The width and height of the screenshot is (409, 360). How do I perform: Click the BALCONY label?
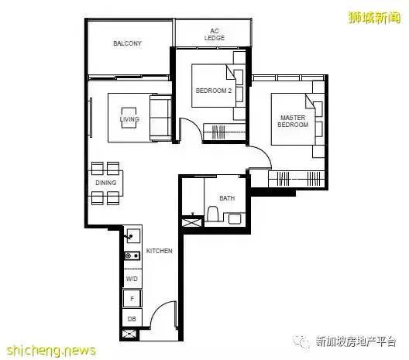coord(127,43)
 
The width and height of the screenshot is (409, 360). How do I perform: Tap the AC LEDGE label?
coord(215,35)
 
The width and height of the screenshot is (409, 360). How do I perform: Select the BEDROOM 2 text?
coord(214,91)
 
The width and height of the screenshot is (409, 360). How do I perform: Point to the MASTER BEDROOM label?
coord(293,122)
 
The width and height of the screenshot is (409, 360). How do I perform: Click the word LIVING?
coord(129,119)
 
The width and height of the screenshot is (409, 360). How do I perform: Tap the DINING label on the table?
coord(106,183)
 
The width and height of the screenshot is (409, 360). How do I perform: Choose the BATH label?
coord(227,198)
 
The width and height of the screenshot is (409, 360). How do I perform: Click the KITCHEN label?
coord(159,251)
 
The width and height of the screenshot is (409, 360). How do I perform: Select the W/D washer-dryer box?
coord(132,279)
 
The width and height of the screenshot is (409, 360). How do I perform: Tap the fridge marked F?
coord(132,299)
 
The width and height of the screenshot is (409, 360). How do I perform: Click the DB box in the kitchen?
coord(132,318)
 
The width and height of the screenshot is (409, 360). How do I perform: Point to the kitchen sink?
coord(133,235)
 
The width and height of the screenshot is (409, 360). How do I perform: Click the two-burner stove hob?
coord(132,256)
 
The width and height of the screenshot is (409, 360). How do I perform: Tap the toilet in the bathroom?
coord(212,214)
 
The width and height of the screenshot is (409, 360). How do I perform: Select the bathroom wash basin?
coord(235,218)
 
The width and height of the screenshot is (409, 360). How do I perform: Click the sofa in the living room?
coord(160,118)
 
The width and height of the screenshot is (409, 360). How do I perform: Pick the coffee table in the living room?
coord(129,118)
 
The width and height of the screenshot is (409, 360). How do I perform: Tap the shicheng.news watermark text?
coord(51,350)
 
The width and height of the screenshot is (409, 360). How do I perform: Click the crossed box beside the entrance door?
coord(129,334)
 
